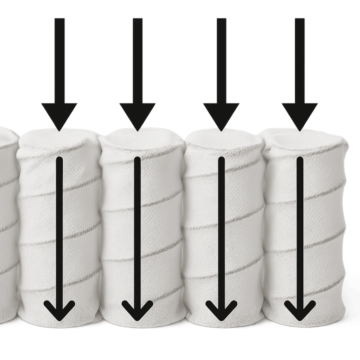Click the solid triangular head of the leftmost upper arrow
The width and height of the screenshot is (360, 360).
coord(59,114)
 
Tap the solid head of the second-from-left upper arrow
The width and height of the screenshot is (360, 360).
coord(137,114)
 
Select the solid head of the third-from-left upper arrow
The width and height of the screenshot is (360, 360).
coord(220,114)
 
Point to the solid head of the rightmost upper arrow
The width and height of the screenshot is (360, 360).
coord(299,114)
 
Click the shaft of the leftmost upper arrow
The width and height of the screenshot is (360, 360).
coord(59,60)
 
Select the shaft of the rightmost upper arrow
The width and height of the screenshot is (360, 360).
coord(299,60)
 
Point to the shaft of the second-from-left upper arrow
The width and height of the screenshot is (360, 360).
coord(137,60)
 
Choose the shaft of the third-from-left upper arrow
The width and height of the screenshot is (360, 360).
coord(220,60)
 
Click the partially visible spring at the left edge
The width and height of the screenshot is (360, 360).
coord(7,225)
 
